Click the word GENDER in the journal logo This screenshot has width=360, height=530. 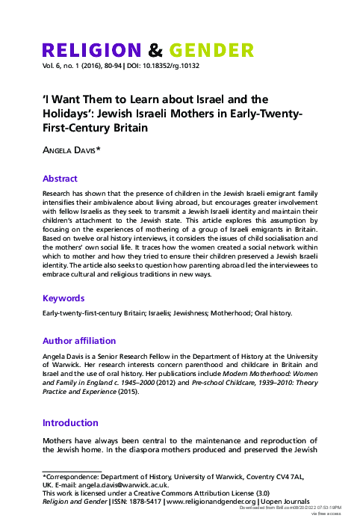[x=211, y=51]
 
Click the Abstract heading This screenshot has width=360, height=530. [x=60, y=179]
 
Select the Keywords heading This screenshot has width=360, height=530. [x=63, y=298]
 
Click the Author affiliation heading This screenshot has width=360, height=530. [x=79, y=341]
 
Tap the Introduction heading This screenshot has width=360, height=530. [x=71, y=422]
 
